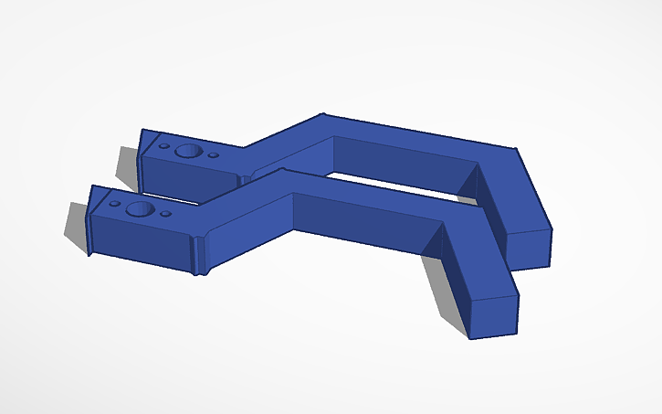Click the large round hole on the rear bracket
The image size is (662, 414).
click(x=189, y=151)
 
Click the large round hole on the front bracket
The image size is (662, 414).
click(x=140, y=209)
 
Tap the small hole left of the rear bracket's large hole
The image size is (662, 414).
click(x=164, y=145)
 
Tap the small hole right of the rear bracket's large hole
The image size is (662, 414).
click(x=214, y=155)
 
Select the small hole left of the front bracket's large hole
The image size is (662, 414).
click(x=114, y=204)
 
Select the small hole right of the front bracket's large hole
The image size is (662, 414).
click(x=166, y=215)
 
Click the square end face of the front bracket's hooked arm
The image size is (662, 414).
click(x=493, y=316)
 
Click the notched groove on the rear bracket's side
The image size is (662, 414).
click(x=244, y=178)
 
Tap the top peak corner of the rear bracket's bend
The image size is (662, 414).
click(x=322, y=114)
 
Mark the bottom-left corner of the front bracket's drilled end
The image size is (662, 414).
click(x=89, y=253)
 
